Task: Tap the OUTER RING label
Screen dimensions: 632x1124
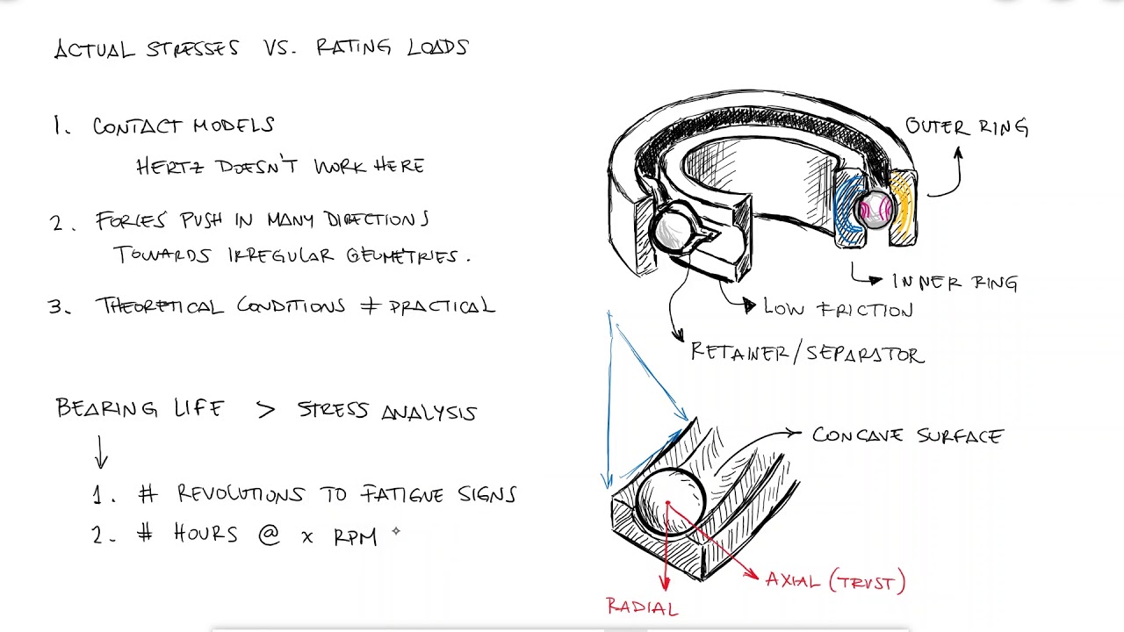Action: (967, 127)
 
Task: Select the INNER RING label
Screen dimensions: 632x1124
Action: (955, 282)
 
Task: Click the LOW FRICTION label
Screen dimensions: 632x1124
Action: (839, 309)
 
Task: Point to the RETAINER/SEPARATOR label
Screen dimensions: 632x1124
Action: (807, 354)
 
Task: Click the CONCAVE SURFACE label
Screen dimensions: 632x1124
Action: (907, 435)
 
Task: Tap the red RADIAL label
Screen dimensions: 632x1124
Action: (642, 607)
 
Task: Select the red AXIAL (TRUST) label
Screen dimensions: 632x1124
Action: (835, 581)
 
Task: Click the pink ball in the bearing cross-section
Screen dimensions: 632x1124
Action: (875, 209)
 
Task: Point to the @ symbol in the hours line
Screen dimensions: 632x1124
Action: (269, 534)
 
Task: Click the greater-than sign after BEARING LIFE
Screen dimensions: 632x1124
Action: (265, 409)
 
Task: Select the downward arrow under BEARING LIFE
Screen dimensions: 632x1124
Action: (101, 451)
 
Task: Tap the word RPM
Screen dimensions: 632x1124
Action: (355, 536)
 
